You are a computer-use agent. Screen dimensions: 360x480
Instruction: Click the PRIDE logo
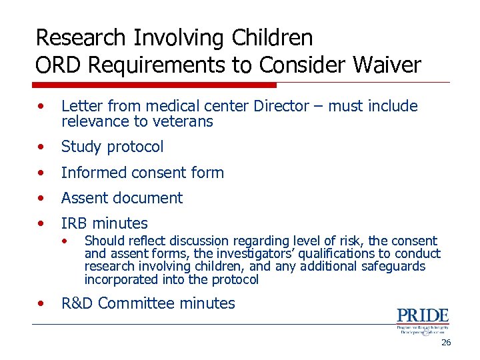click(x=423, y=321)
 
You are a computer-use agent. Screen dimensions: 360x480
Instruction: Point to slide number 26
click(x=446, y=342)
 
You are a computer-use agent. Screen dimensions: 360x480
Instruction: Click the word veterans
click(x=181, y=121)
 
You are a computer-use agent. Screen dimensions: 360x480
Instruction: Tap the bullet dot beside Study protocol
click(x=42, y=146)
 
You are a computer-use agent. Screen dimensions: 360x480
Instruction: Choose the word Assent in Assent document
click(x=82, y=198)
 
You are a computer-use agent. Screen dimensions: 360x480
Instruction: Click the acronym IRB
click(x=75, y=223)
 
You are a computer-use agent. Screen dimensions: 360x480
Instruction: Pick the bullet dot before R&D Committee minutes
click(x=42, y=303)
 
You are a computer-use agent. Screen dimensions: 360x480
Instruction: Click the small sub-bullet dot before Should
click(x=65, y=241)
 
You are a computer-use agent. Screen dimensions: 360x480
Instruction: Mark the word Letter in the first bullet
click(x=80, y=106)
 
